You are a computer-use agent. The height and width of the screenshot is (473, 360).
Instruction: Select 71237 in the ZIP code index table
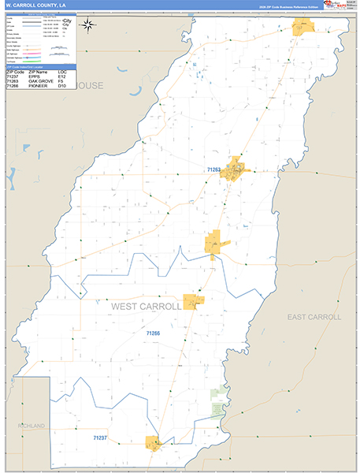click(13, 77)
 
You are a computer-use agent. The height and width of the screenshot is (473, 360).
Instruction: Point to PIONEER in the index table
click(39, 87)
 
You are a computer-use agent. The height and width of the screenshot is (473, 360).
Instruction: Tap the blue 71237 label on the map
click(100, 437)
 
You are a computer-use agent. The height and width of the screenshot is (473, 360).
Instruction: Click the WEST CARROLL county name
click(147, 306)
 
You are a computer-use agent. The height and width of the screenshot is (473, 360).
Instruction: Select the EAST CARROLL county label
click(314, 317)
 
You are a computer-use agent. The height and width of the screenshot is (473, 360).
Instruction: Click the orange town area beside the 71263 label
click(235, 169)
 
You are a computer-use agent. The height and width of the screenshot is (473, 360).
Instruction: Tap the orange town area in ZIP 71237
click(153, 443)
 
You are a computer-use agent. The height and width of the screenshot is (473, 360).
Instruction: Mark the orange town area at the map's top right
click(303, 26)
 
